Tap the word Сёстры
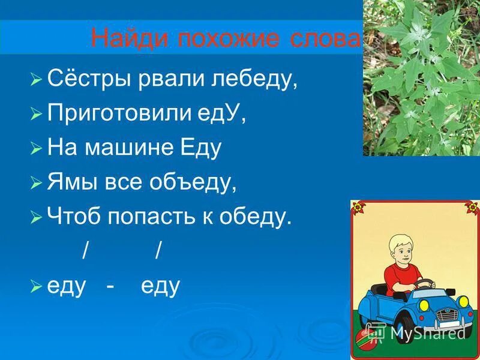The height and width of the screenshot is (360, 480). [85, 79]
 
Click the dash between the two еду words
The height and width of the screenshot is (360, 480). [110, 287]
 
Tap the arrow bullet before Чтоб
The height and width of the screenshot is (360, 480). [36, 218]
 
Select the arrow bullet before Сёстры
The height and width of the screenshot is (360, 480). [36, 80]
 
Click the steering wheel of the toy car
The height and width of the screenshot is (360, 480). [424, 283]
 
